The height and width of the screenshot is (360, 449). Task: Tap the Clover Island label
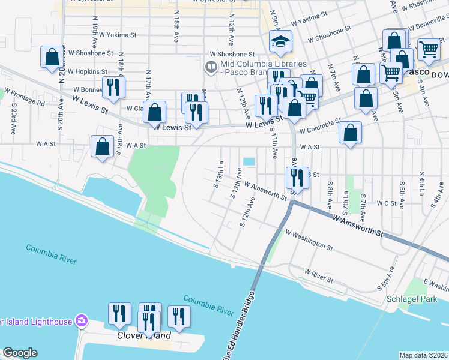coord(143,336)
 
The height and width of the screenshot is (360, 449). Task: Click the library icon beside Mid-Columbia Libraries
coord(211,67)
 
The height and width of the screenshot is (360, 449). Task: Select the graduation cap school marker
coord(280,42)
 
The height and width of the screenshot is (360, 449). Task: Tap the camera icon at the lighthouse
coord(80,321)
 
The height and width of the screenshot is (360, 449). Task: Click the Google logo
coord(19,353)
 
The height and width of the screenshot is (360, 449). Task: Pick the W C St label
coord(386,203)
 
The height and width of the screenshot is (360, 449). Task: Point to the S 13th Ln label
coord(219,174)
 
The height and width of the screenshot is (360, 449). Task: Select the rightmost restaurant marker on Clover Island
coord(179,316)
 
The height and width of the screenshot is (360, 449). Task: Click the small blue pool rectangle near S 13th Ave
coord(249,162)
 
